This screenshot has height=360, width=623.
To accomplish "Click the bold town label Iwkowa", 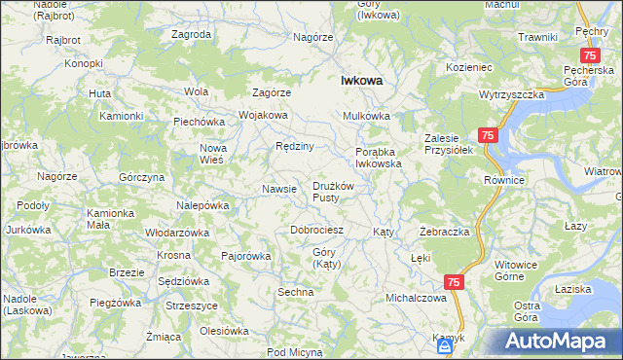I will pos(359,82).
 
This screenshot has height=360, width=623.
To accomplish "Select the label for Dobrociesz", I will pos(317,231).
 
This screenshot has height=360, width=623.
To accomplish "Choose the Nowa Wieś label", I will pos(212,154).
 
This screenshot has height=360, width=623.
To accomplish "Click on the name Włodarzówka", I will pos(177,234).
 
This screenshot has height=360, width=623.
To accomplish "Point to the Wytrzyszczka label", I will pos(510,95).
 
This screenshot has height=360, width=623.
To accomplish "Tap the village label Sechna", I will pos(296,292).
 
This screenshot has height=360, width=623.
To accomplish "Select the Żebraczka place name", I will pos(445,233).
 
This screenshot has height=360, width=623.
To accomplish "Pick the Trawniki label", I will pos(537,36).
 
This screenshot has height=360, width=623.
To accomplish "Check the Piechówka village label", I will pos(199,123).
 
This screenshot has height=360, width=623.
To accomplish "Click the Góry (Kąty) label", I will pos(324,258).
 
